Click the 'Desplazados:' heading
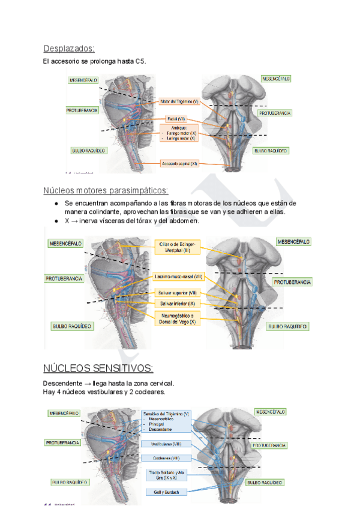coord(69,49)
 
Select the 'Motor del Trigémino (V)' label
coord(179,101)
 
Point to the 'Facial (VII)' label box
coord(177,118)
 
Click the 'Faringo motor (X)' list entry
coord(181,133)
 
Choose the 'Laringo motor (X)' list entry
coord(181,138)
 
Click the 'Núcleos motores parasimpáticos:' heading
coord(106,190)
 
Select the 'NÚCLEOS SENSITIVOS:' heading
coord(98,367)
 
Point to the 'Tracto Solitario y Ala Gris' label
coord(166,475)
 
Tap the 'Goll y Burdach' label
coord(166,492)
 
